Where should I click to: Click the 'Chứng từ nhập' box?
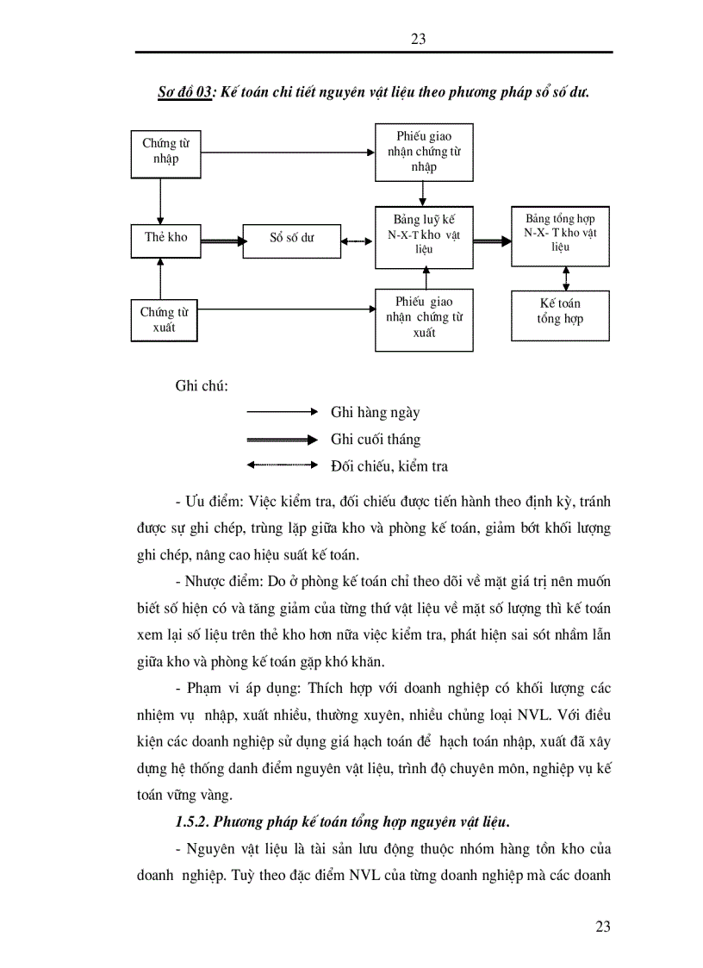[166, 153]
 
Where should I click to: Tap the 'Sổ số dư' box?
[292, 239]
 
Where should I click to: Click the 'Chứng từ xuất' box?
[165, 320]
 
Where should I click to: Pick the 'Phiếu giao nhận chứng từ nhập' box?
[424, 152]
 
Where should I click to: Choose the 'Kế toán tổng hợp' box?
[560, 312]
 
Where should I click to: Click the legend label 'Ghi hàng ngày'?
[375, 413]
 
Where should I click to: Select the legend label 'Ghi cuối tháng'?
[376, 440]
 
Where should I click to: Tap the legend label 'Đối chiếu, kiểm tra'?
[389, 466]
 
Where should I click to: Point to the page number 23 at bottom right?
[603, 927]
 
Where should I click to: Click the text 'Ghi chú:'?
[202, 385]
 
